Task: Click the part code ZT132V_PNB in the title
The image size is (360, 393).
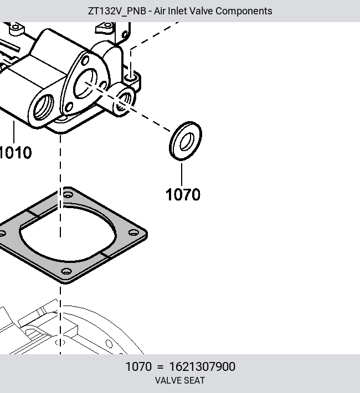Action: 117,11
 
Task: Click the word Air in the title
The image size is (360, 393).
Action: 159,11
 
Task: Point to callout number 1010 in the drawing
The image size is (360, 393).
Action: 15,152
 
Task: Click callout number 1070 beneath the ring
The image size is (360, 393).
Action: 183,194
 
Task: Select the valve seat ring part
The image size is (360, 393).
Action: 186,141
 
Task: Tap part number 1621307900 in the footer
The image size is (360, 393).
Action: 202,366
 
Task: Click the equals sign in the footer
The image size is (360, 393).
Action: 160,367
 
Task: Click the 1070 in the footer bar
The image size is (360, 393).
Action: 138,366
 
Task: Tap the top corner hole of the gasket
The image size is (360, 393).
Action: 68,194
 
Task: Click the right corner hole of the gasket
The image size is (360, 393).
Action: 133,232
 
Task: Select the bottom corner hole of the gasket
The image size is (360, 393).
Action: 66,271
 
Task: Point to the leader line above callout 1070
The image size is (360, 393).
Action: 182,175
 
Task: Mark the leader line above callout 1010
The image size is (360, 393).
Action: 14,132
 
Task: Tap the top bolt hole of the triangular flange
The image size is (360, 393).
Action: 85,61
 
